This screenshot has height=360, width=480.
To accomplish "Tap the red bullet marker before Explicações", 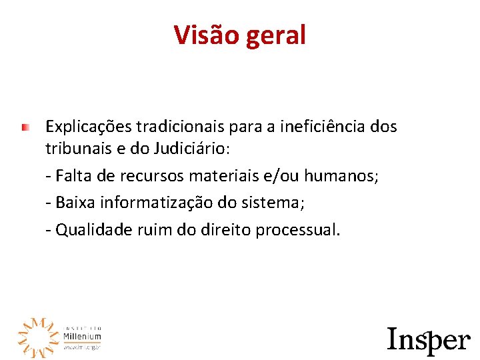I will (x=25, y=126).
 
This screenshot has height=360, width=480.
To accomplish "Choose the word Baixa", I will (x=75, y=203).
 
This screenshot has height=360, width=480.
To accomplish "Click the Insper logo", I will (x=429, y=339).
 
